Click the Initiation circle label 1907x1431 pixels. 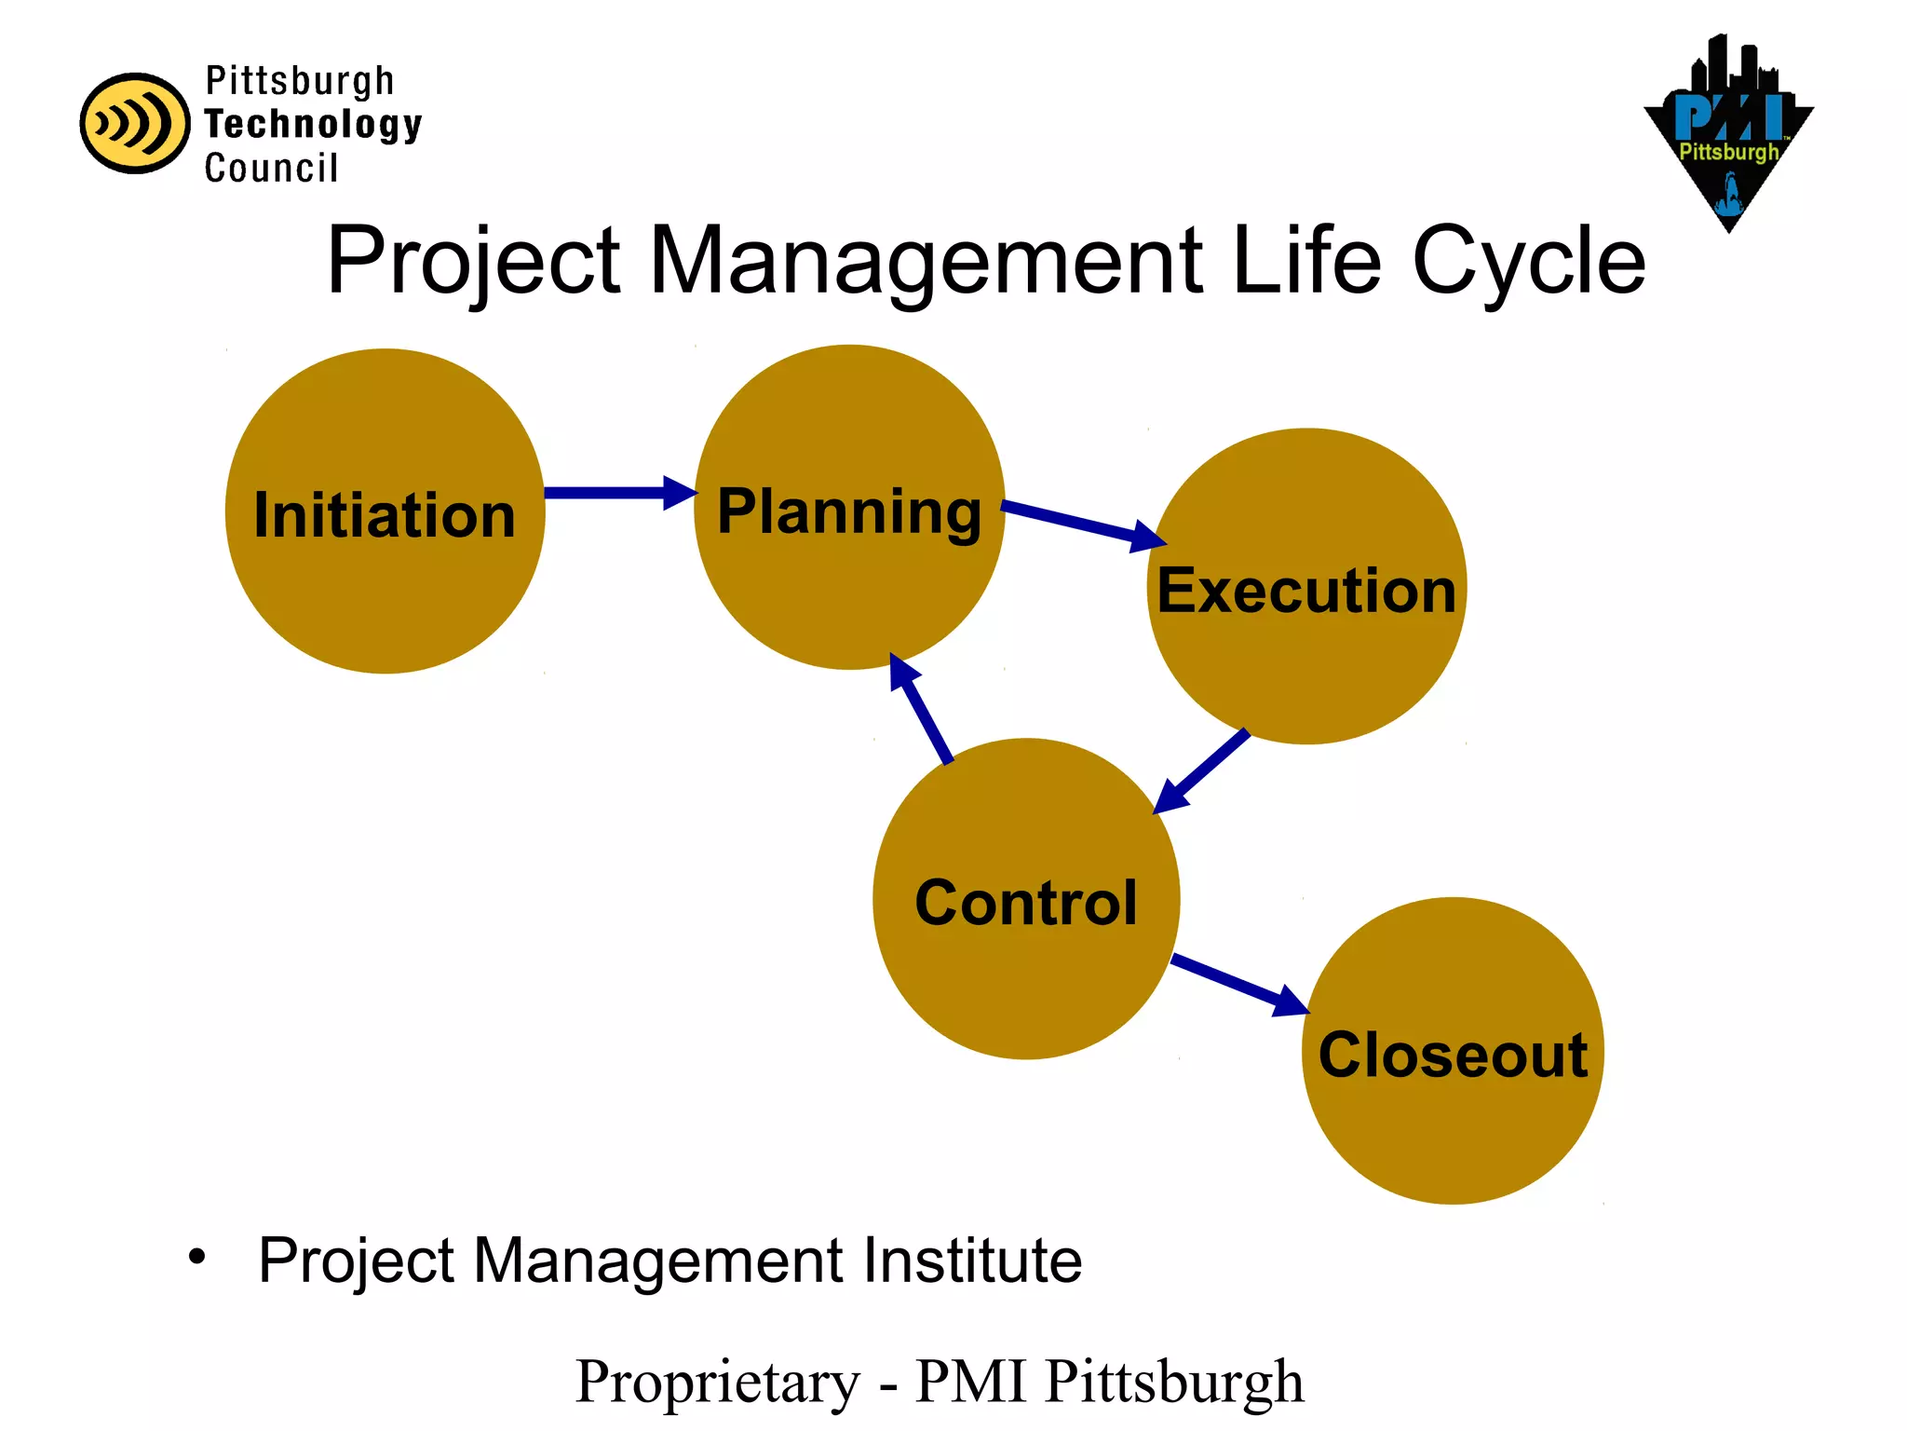click(385, 515)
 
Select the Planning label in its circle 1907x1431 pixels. click(849, 511)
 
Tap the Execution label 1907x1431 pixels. click(1306, 591)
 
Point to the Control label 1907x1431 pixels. click(1026, 903)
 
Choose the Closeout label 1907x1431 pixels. click(1453, 1056)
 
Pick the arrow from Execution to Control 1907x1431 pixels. click(1202, 770)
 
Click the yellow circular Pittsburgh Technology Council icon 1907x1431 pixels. click(135, 123)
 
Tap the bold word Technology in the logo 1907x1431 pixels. click(313, 124)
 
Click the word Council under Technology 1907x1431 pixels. click(271, 169)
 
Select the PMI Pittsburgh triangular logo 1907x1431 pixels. click(1728, 140)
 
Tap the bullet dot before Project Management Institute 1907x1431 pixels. click(196, 1258)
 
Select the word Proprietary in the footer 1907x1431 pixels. click(718, 1382)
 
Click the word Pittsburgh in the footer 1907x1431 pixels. click(1174, 1382)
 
